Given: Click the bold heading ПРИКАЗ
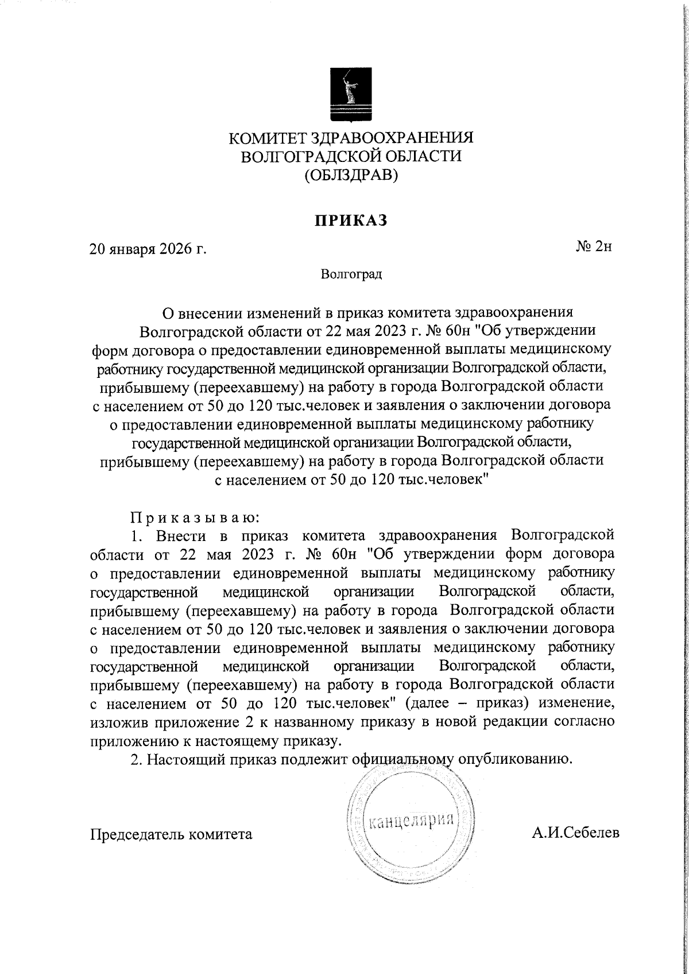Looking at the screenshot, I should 350,220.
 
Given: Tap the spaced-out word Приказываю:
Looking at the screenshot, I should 196,517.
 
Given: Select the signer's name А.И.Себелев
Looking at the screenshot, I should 575,833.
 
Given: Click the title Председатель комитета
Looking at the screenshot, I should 172,834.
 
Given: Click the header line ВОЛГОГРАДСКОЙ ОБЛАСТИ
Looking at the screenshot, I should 351,156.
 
